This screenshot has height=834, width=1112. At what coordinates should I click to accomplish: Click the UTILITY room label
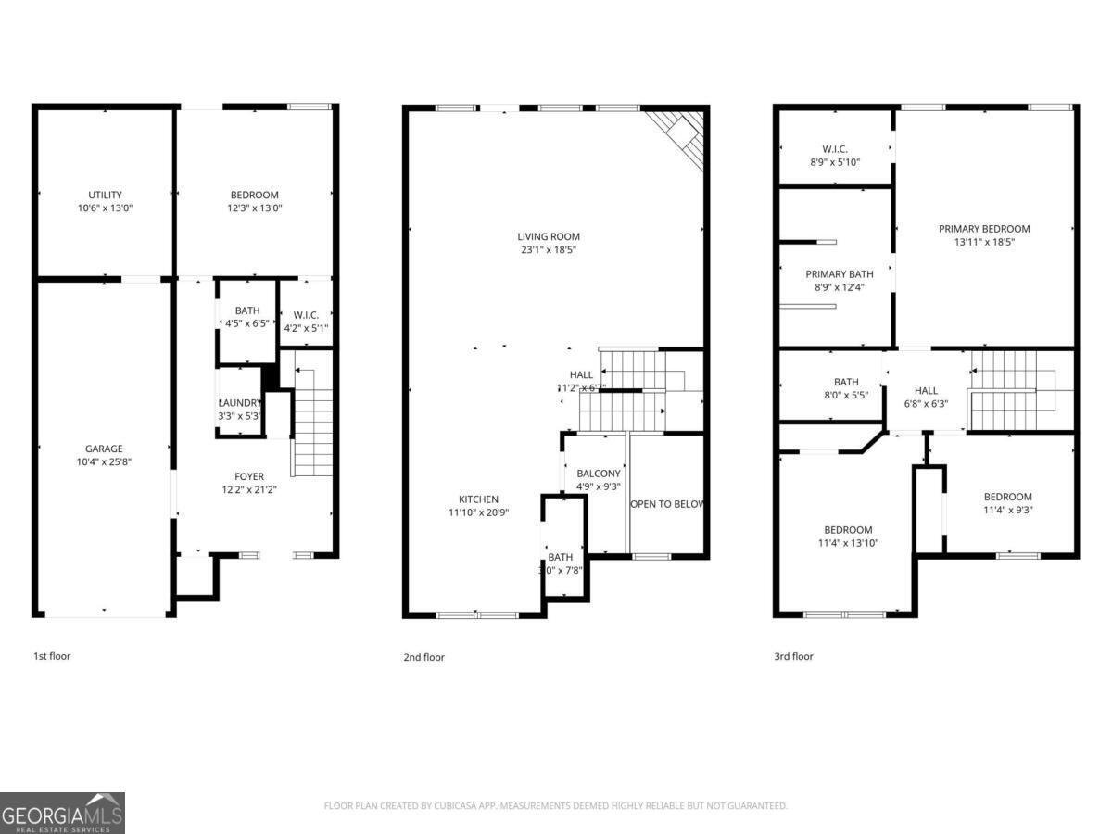pyautogui.click(x=105, y=196)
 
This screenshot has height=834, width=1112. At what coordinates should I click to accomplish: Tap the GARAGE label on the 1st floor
pyautogui.click(x=104, y=449)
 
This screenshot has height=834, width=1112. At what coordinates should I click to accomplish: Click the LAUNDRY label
pyautogui.click(x=239, y=403)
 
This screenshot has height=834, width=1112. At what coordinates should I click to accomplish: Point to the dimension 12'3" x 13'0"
pyautogui.click(x=254, y=208)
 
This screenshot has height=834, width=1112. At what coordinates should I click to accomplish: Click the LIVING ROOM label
pyautogui.click(x=550, y=237)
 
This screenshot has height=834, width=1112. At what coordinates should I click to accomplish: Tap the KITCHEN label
pyautogui.click(x=478, y=499)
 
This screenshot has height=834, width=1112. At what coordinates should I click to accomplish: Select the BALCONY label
pyautogui.click(x=598, y=474)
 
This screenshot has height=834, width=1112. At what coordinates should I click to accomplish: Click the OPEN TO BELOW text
pyautogui.click(x=667, y=505)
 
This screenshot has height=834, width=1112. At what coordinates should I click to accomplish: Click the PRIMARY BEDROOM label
pyautogui.click(x=984, y=229)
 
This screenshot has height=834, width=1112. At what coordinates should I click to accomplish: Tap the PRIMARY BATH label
pyautogui.click(x=839, y=274)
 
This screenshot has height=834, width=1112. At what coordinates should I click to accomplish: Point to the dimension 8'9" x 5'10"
pyautogui.click(x=834, y=162)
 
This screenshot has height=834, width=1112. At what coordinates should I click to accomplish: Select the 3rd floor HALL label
pyautogui.click(x=926, y=391)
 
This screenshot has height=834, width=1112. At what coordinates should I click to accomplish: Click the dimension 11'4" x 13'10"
pyautogui.click(x=847, y=543)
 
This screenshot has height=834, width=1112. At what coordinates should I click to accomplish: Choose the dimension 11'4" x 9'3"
pyautogui.click(x=1007, y=510)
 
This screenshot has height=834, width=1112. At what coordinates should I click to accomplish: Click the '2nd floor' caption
pyautogui.click(x=423, y=657)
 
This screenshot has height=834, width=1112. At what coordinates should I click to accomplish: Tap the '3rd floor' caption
pyautogui.click(x=793, y=656)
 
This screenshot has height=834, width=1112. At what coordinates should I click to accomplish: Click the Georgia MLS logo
pyautogui.click(x=62, y=813)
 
